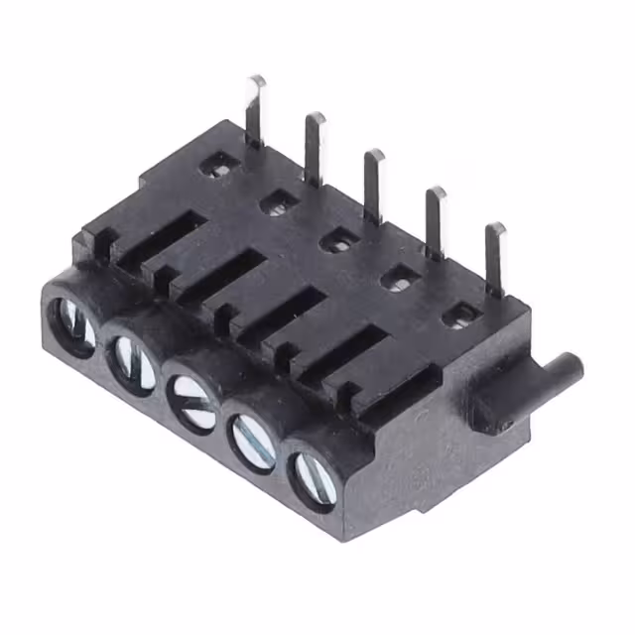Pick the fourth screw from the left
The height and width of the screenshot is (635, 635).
click(x=254, y=434)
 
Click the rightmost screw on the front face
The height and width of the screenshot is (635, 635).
click(x=314, y=472)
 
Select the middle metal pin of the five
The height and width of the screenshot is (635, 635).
click(x=373, y=184)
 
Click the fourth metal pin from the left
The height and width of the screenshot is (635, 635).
click(x=435, y=220)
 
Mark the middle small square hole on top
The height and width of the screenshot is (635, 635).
click(x=338, y=238)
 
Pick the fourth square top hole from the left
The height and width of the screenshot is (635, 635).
click(x=399, y=278)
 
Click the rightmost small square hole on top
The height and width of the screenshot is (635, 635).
click(x=459, y=316)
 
